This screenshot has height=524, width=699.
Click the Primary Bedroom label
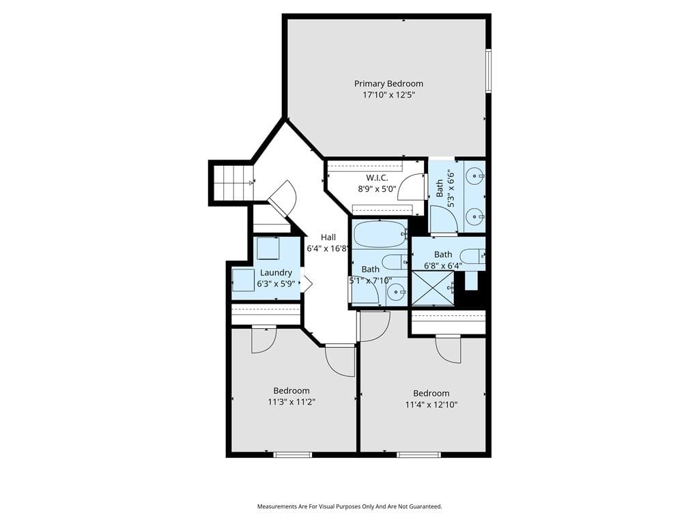[x=388, y=84]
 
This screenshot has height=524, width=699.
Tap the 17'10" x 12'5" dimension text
[x=388, y=95]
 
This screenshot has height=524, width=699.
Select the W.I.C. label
[x=377, y=178]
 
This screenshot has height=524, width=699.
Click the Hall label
[x=328, y=237]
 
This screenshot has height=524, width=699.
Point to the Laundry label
[x=276, y=273]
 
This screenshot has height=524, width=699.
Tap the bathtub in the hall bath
[x=380, y=235]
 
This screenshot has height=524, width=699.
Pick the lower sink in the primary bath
[x=475, y=217]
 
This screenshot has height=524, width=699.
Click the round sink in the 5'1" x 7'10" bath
[x=395, y=293]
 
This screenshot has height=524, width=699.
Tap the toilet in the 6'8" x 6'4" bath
[x=472, y=257]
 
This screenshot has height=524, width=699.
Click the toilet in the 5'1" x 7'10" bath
[x=395, y=262]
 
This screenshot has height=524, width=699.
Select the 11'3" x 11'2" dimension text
[x=291, y=402]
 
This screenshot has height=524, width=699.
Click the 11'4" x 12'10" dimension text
[x=431, y=405]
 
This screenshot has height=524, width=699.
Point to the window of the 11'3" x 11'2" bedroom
[x=292, y=454]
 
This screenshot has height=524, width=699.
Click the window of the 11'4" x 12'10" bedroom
[x=418, y=454]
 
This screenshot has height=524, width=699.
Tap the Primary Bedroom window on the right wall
[x=489, y=71]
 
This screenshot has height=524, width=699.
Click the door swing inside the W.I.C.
[x=410, y=188]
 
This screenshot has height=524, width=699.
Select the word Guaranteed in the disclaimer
[x=426, y=507]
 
